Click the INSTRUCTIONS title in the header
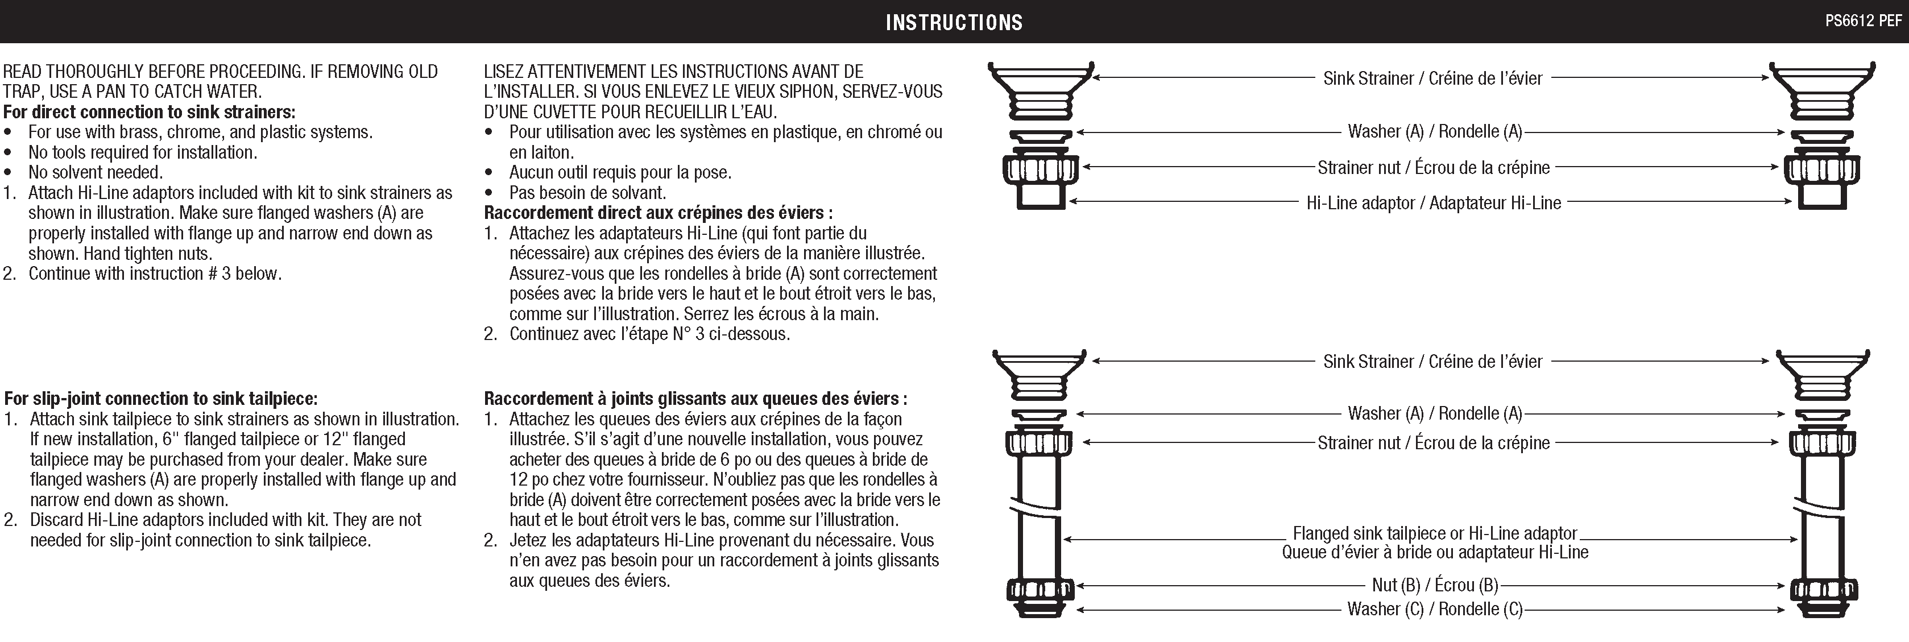(x=954, y=22)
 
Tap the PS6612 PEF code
(x=1862, y=21)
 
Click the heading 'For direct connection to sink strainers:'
(x=149, y=112)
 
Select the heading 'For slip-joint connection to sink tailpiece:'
(x=161, y=399)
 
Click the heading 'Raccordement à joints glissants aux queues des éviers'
(x=695, y=399)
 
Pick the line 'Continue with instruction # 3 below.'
(x=155, y=274)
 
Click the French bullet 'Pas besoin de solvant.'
(x=587, y=193)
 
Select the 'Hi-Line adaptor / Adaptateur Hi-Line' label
(x=1433, y=203)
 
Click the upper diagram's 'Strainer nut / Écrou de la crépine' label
(x=1433, y=168)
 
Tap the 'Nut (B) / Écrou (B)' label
(x=1435, y=585)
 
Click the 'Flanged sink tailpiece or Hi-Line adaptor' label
(x=1435, y=533)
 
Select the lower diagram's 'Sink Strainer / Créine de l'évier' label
(x=1432, y=362)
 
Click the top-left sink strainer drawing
(x=1041, y=89)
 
